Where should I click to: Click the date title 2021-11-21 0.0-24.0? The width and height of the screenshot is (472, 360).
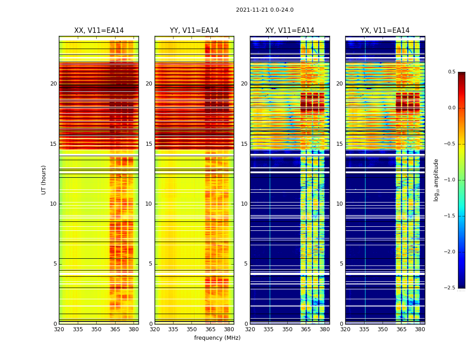point(264,10)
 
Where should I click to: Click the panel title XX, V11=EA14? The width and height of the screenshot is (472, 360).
point(99,31)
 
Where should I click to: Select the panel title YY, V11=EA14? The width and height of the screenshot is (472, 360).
point(194,31)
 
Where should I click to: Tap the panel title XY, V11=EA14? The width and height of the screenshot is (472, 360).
point(289,31)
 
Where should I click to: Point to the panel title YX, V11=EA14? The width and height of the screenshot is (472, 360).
point(385,31)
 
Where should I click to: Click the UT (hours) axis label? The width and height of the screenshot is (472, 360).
point(44,180)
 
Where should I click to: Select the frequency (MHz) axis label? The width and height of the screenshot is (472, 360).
point(217,338)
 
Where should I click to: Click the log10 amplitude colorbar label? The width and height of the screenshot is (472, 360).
point(436,180)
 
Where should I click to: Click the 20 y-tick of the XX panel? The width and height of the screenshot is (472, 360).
point(53,84)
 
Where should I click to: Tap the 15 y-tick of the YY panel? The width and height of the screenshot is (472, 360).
point(149,144)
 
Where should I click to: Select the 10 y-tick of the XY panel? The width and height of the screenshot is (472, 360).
point(244,204)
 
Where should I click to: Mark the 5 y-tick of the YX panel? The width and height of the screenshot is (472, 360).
point(341,264)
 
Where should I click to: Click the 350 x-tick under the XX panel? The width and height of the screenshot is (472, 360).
point(96,329)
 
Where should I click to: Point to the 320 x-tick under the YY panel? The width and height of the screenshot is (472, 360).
point(155,329)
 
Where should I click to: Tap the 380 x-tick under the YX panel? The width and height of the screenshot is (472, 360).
point(420,329)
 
